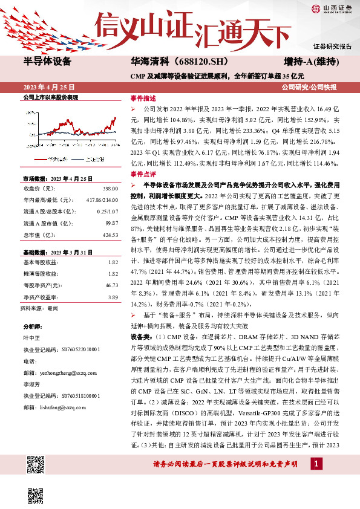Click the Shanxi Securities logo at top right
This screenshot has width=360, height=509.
click(331, 8)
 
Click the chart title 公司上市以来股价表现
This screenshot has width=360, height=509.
click(50, 97)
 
